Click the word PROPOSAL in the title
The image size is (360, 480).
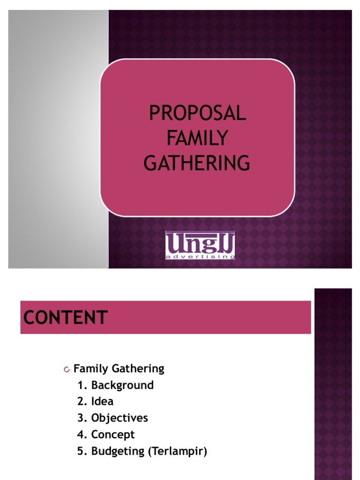pos(197,113)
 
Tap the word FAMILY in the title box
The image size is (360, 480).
pos(197,138)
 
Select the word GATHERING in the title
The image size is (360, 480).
pos(197,163)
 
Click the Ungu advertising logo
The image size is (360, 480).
pos(200,245)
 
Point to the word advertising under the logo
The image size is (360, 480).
pos(200,256)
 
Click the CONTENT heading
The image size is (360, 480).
pos(66,317)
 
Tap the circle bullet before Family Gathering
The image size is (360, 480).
pos(67,369)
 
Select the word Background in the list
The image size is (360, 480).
pos(122,385)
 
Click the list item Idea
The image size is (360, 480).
pos(102,401)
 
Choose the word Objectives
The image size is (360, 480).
pos(120,418)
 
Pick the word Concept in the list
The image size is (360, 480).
pos(113,435)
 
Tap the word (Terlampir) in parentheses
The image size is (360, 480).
pos(178,451)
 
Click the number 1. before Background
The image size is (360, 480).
pos(82,385)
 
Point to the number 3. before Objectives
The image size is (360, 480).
pos(82,418)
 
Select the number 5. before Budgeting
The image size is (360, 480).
pos(82,451)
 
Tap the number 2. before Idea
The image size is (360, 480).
pos(82,401)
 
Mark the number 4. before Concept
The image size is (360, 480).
pos(82,435)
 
